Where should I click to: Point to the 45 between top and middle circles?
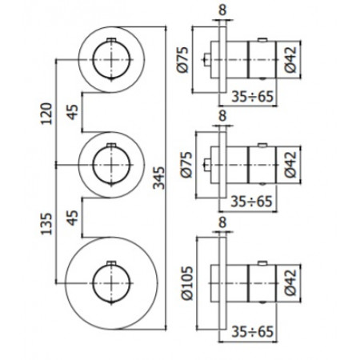pyautogui.click(x=72, y=113)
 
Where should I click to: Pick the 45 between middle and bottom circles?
pyautogui.click(x=72, y=217)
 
